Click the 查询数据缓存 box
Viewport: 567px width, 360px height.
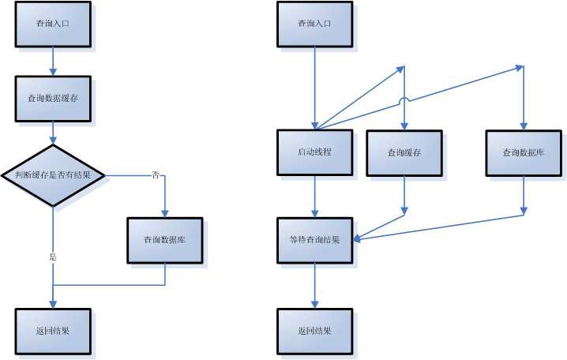(x=53, y=99)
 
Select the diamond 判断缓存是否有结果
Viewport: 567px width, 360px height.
(x=53, y=175)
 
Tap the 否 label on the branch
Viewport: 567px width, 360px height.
(x=155, y=175)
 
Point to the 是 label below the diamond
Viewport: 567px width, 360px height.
(x=53, y=257)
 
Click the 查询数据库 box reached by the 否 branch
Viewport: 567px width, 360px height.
(x=164, y=240)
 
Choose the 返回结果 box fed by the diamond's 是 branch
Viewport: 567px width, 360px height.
(x=53, y=331)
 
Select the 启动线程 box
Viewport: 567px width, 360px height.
(x=314, y=152)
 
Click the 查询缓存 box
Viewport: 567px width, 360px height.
(x=404, y=152)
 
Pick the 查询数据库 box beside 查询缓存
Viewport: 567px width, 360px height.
(x=523, y=152)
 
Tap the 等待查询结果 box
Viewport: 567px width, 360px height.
(x=314, y=240)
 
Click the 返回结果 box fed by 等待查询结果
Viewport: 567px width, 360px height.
(x=314, y=331)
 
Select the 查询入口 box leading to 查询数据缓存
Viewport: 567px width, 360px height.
(x=53, y=24)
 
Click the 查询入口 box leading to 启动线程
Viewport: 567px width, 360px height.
(x=314, y=24)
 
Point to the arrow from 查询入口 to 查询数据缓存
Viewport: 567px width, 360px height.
(x=53, y=61)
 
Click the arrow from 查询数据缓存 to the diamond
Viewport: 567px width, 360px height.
(x=53, y=133)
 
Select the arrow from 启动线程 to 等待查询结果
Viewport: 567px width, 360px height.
(x=315, y=196)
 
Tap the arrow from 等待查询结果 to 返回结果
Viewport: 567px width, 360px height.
(x=315, y=285)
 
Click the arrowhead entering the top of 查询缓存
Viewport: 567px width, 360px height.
(x=404, y=126)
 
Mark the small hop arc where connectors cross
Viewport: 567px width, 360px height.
(x=404, y=99)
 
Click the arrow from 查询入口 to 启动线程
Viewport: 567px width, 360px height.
(x=315, y=87)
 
